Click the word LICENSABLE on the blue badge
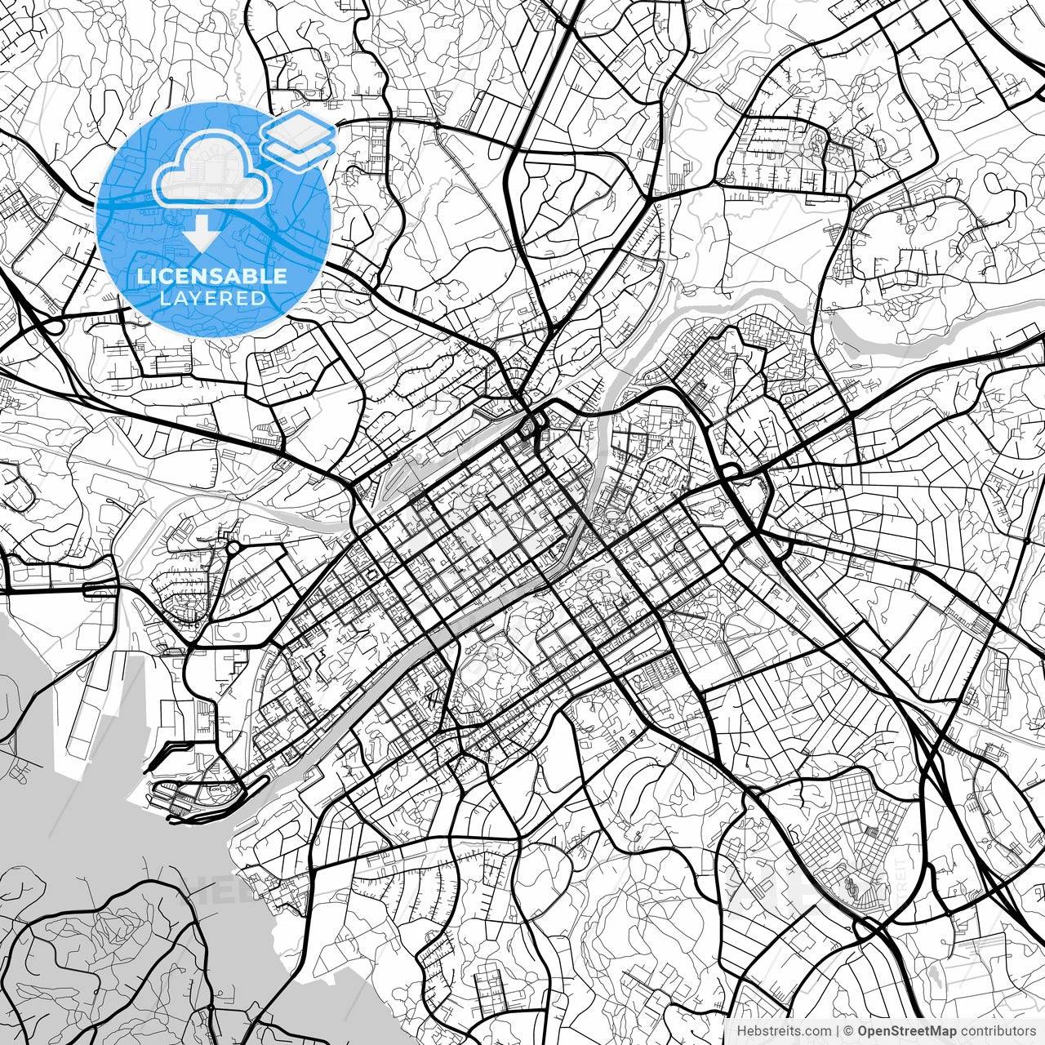click(x=212, y=276)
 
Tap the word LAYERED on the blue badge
click(x=212, y=298)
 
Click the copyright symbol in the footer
click(x=849, y=1030)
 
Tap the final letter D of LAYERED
click(x=260, y=298)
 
